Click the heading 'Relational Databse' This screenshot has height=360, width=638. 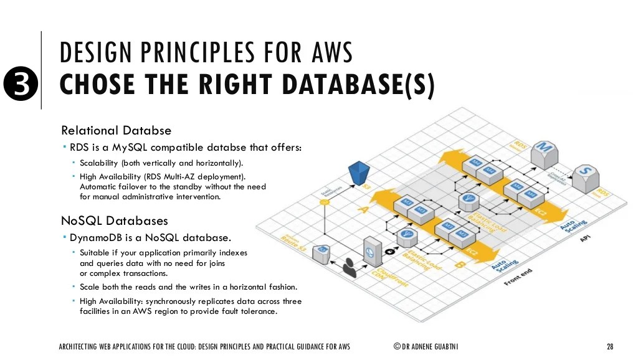click(x=116, y=131)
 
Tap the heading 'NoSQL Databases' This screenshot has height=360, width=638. click(x=114, y=220)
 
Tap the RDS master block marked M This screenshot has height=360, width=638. click(x=544, y=152)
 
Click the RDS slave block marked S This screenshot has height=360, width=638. click(x=584, y=177)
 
